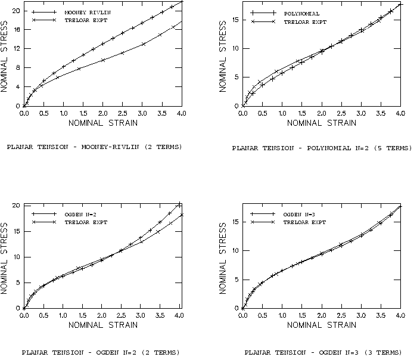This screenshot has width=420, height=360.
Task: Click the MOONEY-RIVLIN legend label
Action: [x=84, y=12]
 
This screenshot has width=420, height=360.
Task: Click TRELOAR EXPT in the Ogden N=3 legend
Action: [x=305, y=222]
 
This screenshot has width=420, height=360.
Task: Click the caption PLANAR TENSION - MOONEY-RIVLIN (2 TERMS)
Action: [x=94, y=147]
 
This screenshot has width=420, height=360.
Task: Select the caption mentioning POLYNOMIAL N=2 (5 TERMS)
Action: [x=321, y=148]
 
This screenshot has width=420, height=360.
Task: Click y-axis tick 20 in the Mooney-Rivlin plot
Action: [x=17, y=11]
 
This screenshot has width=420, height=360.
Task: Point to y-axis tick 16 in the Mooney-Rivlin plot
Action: [x=17, y=30]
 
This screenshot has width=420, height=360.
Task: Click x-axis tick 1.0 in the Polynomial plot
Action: [x=282, y=113]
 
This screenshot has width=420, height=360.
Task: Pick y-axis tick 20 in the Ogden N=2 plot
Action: [x=17, y=205]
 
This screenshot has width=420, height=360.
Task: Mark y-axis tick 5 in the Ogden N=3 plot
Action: [x=237, y=279]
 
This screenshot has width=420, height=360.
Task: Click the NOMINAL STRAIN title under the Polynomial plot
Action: [x=321, y=123]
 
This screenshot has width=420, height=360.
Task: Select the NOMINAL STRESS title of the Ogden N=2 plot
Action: [x=5, y=257]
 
